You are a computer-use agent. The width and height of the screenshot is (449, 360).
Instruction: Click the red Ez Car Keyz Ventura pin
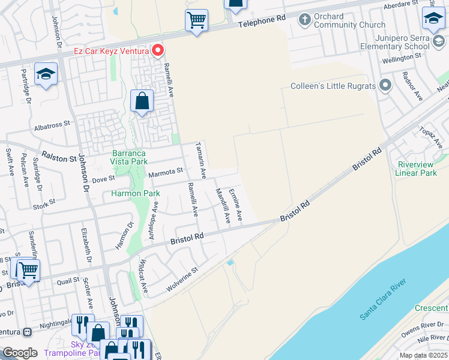click(158, 50)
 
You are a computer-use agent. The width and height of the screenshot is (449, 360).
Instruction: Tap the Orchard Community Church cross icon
click(304, 20)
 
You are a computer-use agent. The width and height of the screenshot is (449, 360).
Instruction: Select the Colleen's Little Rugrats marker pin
click(385, 86)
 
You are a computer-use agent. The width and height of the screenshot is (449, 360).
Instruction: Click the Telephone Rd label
click(262, 22)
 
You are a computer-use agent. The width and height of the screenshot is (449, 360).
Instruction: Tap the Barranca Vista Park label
click(130, 157)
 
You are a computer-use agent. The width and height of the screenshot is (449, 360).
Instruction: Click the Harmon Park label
click(135, 194)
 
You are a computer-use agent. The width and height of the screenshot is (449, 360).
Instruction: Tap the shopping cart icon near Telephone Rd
click(196, 20)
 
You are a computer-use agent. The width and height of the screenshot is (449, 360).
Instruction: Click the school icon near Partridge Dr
click(46, 74)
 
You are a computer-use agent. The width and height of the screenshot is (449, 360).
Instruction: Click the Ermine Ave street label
click(235, 204)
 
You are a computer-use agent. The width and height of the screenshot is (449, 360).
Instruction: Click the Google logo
click(20, 353)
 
